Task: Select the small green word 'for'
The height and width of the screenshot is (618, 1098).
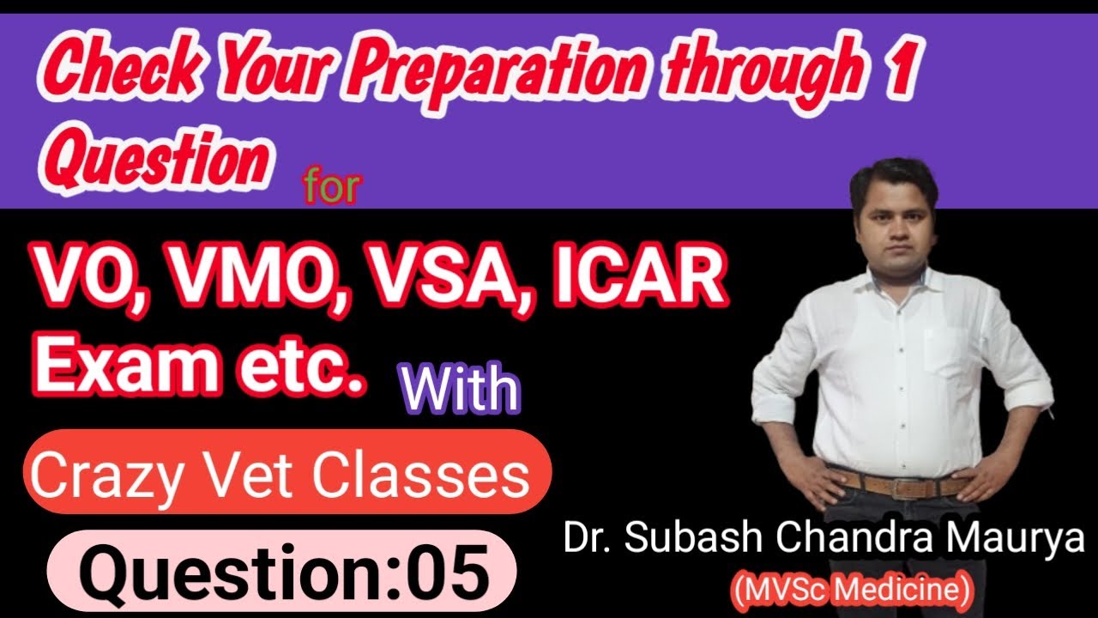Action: click(x=331, y=187)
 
